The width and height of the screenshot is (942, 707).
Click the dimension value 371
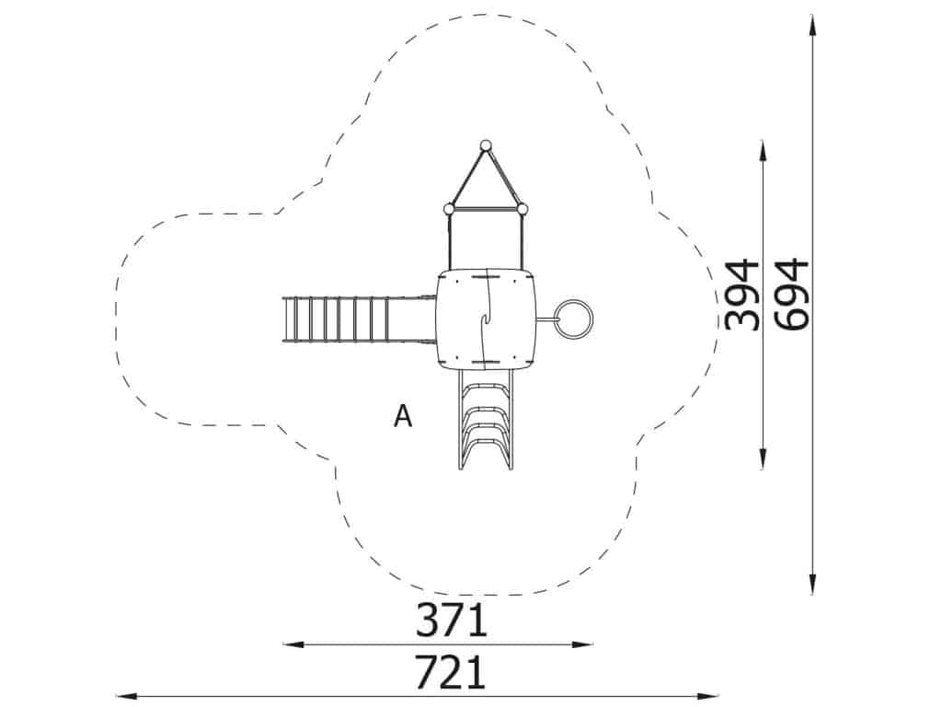(x=451, y=620)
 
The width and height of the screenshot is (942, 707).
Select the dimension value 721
(x=451, y=672)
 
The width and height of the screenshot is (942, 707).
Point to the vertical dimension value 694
(x=791, y=295)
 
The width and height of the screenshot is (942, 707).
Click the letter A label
(x=403, y=415)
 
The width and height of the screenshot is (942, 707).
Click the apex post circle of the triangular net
(x=486, y=145)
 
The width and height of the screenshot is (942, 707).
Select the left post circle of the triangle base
(x=448, y=209)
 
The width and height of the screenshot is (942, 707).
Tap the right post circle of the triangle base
(x=523, y=209)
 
